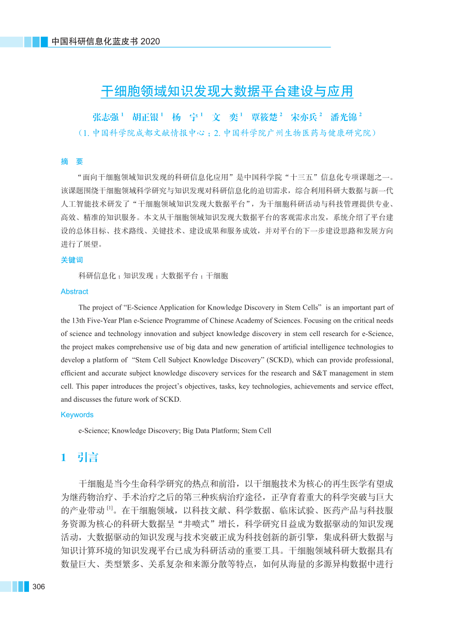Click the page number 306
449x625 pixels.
pos(39,586)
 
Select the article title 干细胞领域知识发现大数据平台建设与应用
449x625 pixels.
pos(227,92)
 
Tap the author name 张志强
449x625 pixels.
pos(106,116)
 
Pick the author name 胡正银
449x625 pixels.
pos(146,116)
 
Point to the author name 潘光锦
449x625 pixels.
pos(344,116)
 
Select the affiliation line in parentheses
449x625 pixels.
pos(227,133)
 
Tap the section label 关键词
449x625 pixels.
pos(72,260)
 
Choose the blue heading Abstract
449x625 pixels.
pos(74,291)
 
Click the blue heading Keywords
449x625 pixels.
pos(77,415)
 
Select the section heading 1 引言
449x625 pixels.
pos(80,458)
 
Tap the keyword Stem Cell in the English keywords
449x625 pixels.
pos(257,430)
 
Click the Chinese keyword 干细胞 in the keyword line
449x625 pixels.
pos(217,276)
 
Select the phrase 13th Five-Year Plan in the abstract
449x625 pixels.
pos(103,321)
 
